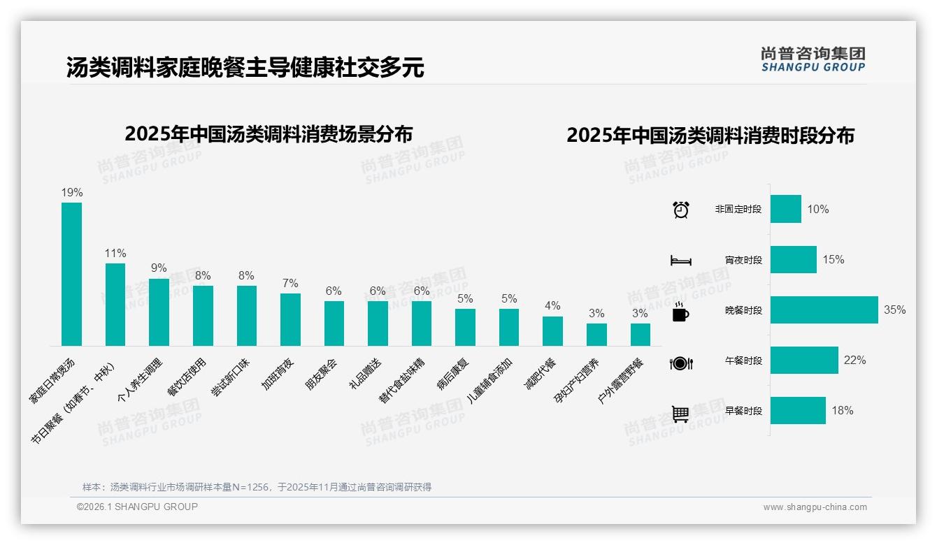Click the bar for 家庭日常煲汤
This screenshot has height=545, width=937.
[71, 274]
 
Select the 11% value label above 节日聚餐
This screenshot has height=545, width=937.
[115, 253]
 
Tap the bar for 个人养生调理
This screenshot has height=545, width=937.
[159, 312]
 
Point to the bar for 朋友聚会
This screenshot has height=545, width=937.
[334, 323]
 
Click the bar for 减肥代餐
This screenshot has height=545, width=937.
[552, 330]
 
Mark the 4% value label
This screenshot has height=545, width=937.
[552, 306]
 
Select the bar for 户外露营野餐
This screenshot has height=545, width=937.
[640, 334]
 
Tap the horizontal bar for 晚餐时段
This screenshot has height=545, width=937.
[824, 310]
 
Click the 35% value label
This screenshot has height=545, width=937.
[894, 310]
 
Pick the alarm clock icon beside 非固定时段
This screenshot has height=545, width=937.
[680, 210]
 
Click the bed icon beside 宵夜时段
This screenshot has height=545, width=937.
[680, 261]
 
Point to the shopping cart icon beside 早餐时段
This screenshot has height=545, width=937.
[680, 414]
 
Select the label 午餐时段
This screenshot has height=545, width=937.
[743, 361]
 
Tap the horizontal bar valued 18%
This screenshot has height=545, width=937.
[798, 411]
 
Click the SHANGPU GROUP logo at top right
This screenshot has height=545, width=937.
[813, 59]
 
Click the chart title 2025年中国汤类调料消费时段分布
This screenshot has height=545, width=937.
[710, 135]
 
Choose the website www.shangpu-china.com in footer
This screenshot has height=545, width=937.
[815, 507]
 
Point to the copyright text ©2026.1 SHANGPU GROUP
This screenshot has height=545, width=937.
[137, 507]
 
